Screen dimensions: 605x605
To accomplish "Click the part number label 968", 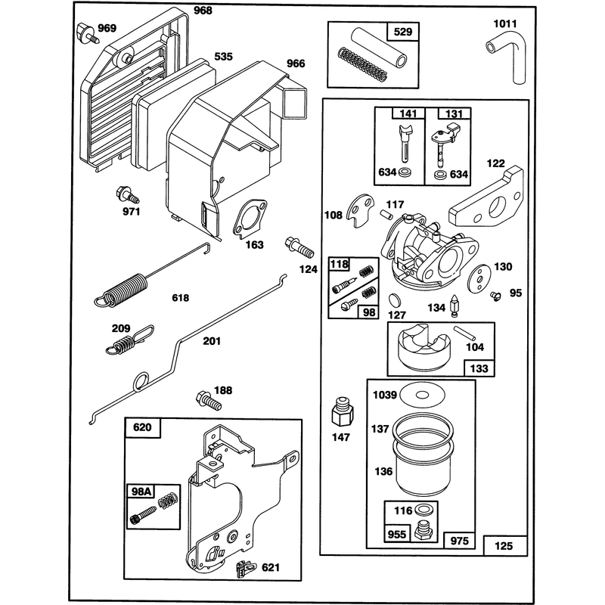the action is pyautogui.click(x=203, y=11).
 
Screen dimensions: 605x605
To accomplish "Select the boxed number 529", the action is pyautogui.click(x=403, y=32).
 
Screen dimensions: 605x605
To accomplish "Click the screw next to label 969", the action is pyautogui.click(x=87, y=33).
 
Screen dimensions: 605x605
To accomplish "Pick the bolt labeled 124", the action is pyautogui.click(x=299, y=249).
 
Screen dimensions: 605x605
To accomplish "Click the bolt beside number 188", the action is pyautogui.click(x=209, y=402).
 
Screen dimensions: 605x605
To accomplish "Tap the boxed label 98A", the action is pyautogui.click(x=142, y=491).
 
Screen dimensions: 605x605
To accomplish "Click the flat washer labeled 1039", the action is pyautogui.click(x=423, y=395).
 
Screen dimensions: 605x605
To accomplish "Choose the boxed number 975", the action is pyautogui.click(x=459, y=541).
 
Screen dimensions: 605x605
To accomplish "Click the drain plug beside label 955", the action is pyautogui.click(x=423, y=530).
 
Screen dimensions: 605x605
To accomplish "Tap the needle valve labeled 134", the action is pyautogui.click(x=455, y=306).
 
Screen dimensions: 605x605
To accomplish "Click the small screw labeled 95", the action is pyautogui.click(x=495, y=296).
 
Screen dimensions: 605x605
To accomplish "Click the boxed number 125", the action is pyautogui.click(x=504, y=546).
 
